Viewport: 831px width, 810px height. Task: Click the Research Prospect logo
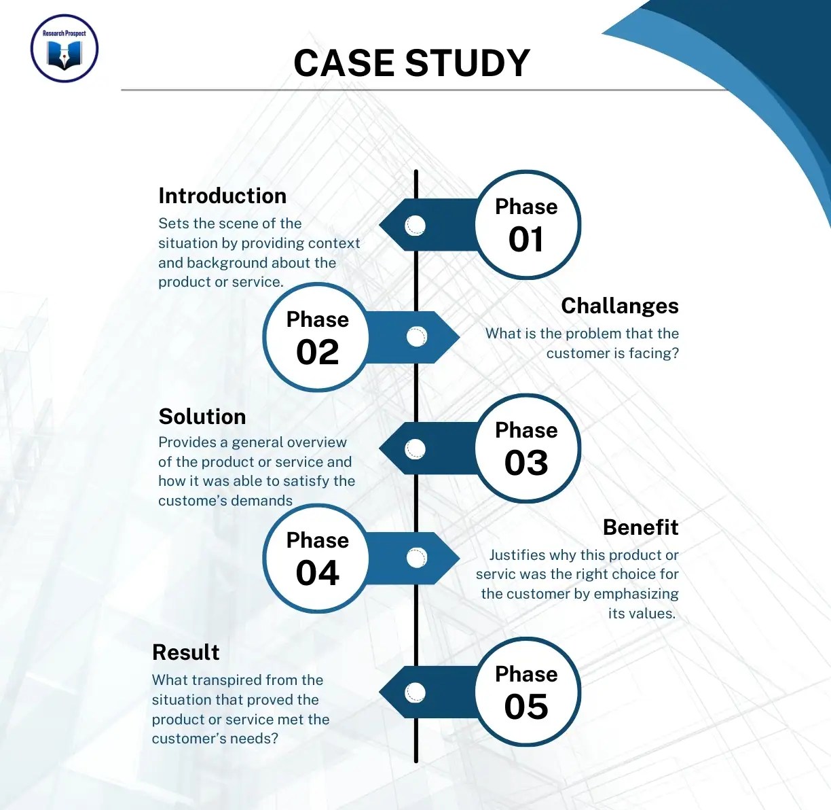point(64,49)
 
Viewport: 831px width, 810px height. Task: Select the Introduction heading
point(222,196)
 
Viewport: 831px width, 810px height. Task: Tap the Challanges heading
point(619,306)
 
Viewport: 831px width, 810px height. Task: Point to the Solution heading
point(202,417)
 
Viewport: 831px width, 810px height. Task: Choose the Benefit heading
point(640,527)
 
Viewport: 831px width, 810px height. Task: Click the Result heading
point(185,652)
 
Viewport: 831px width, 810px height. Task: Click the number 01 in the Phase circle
point(526,239)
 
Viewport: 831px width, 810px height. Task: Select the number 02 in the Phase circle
point(317,352)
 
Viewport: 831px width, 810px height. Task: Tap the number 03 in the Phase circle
point(526,463)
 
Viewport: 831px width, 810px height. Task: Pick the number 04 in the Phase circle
point(317,573)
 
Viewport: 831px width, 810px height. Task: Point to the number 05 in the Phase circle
point(526,707)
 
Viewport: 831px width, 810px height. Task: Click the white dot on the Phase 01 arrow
point(415,225)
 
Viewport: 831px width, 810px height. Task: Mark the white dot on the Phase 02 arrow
point(416,336)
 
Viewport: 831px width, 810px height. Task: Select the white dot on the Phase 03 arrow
point(415,448)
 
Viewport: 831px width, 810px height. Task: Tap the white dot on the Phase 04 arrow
point(416,558)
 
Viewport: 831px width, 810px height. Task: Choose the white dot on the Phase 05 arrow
point(415,692)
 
